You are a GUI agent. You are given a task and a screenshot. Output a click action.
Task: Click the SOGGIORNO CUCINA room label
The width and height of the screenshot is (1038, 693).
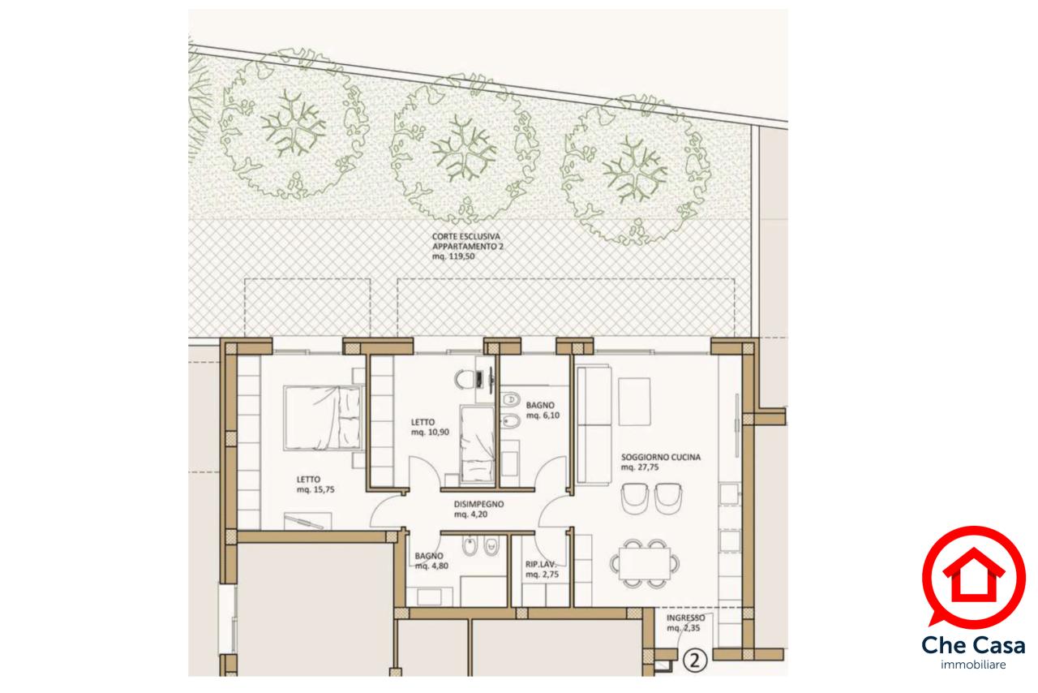tap(661, 458)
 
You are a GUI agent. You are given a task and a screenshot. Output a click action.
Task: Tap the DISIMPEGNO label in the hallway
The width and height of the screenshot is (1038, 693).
tap(478, 504)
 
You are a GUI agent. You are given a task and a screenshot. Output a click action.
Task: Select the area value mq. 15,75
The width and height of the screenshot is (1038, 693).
tap(315, 489)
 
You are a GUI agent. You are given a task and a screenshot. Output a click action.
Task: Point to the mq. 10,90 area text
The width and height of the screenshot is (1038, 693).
tap(430, 433)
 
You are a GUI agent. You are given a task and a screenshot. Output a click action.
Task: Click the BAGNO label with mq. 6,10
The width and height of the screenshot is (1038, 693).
tap(540, 406)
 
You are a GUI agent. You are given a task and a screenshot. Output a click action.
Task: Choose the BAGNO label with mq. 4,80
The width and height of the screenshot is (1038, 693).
tap(429, 556)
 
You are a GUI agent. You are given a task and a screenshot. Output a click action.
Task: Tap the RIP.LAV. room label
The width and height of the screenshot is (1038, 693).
tap(540, 565)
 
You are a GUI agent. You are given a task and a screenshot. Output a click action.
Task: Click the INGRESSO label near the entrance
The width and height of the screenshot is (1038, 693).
tap(686, 618)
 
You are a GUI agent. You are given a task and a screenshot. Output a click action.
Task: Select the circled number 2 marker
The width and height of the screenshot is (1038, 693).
tap(695, 660)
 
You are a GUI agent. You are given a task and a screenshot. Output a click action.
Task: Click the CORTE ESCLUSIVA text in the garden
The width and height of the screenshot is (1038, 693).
tap(466, 237)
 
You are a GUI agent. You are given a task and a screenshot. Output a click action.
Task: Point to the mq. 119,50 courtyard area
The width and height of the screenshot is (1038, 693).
tap(453, 256)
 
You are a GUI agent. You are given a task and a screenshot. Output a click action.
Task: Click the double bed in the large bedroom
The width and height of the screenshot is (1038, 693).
tap(323, 418)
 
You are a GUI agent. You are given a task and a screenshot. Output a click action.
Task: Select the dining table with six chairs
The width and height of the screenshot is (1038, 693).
tap(645, 564)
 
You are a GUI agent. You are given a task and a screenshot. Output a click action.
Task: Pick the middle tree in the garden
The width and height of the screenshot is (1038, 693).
tap(465, 148)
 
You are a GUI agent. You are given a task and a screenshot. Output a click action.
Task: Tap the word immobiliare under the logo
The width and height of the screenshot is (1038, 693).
tap(973, 665)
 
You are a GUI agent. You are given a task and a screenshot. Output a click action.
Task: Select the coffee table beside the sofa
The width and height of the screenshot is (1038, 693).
tap(634, 402)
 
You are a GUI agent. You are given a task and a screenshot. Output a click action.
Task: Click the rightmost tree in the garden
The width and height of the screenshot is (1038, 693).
tap(635, 170)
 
